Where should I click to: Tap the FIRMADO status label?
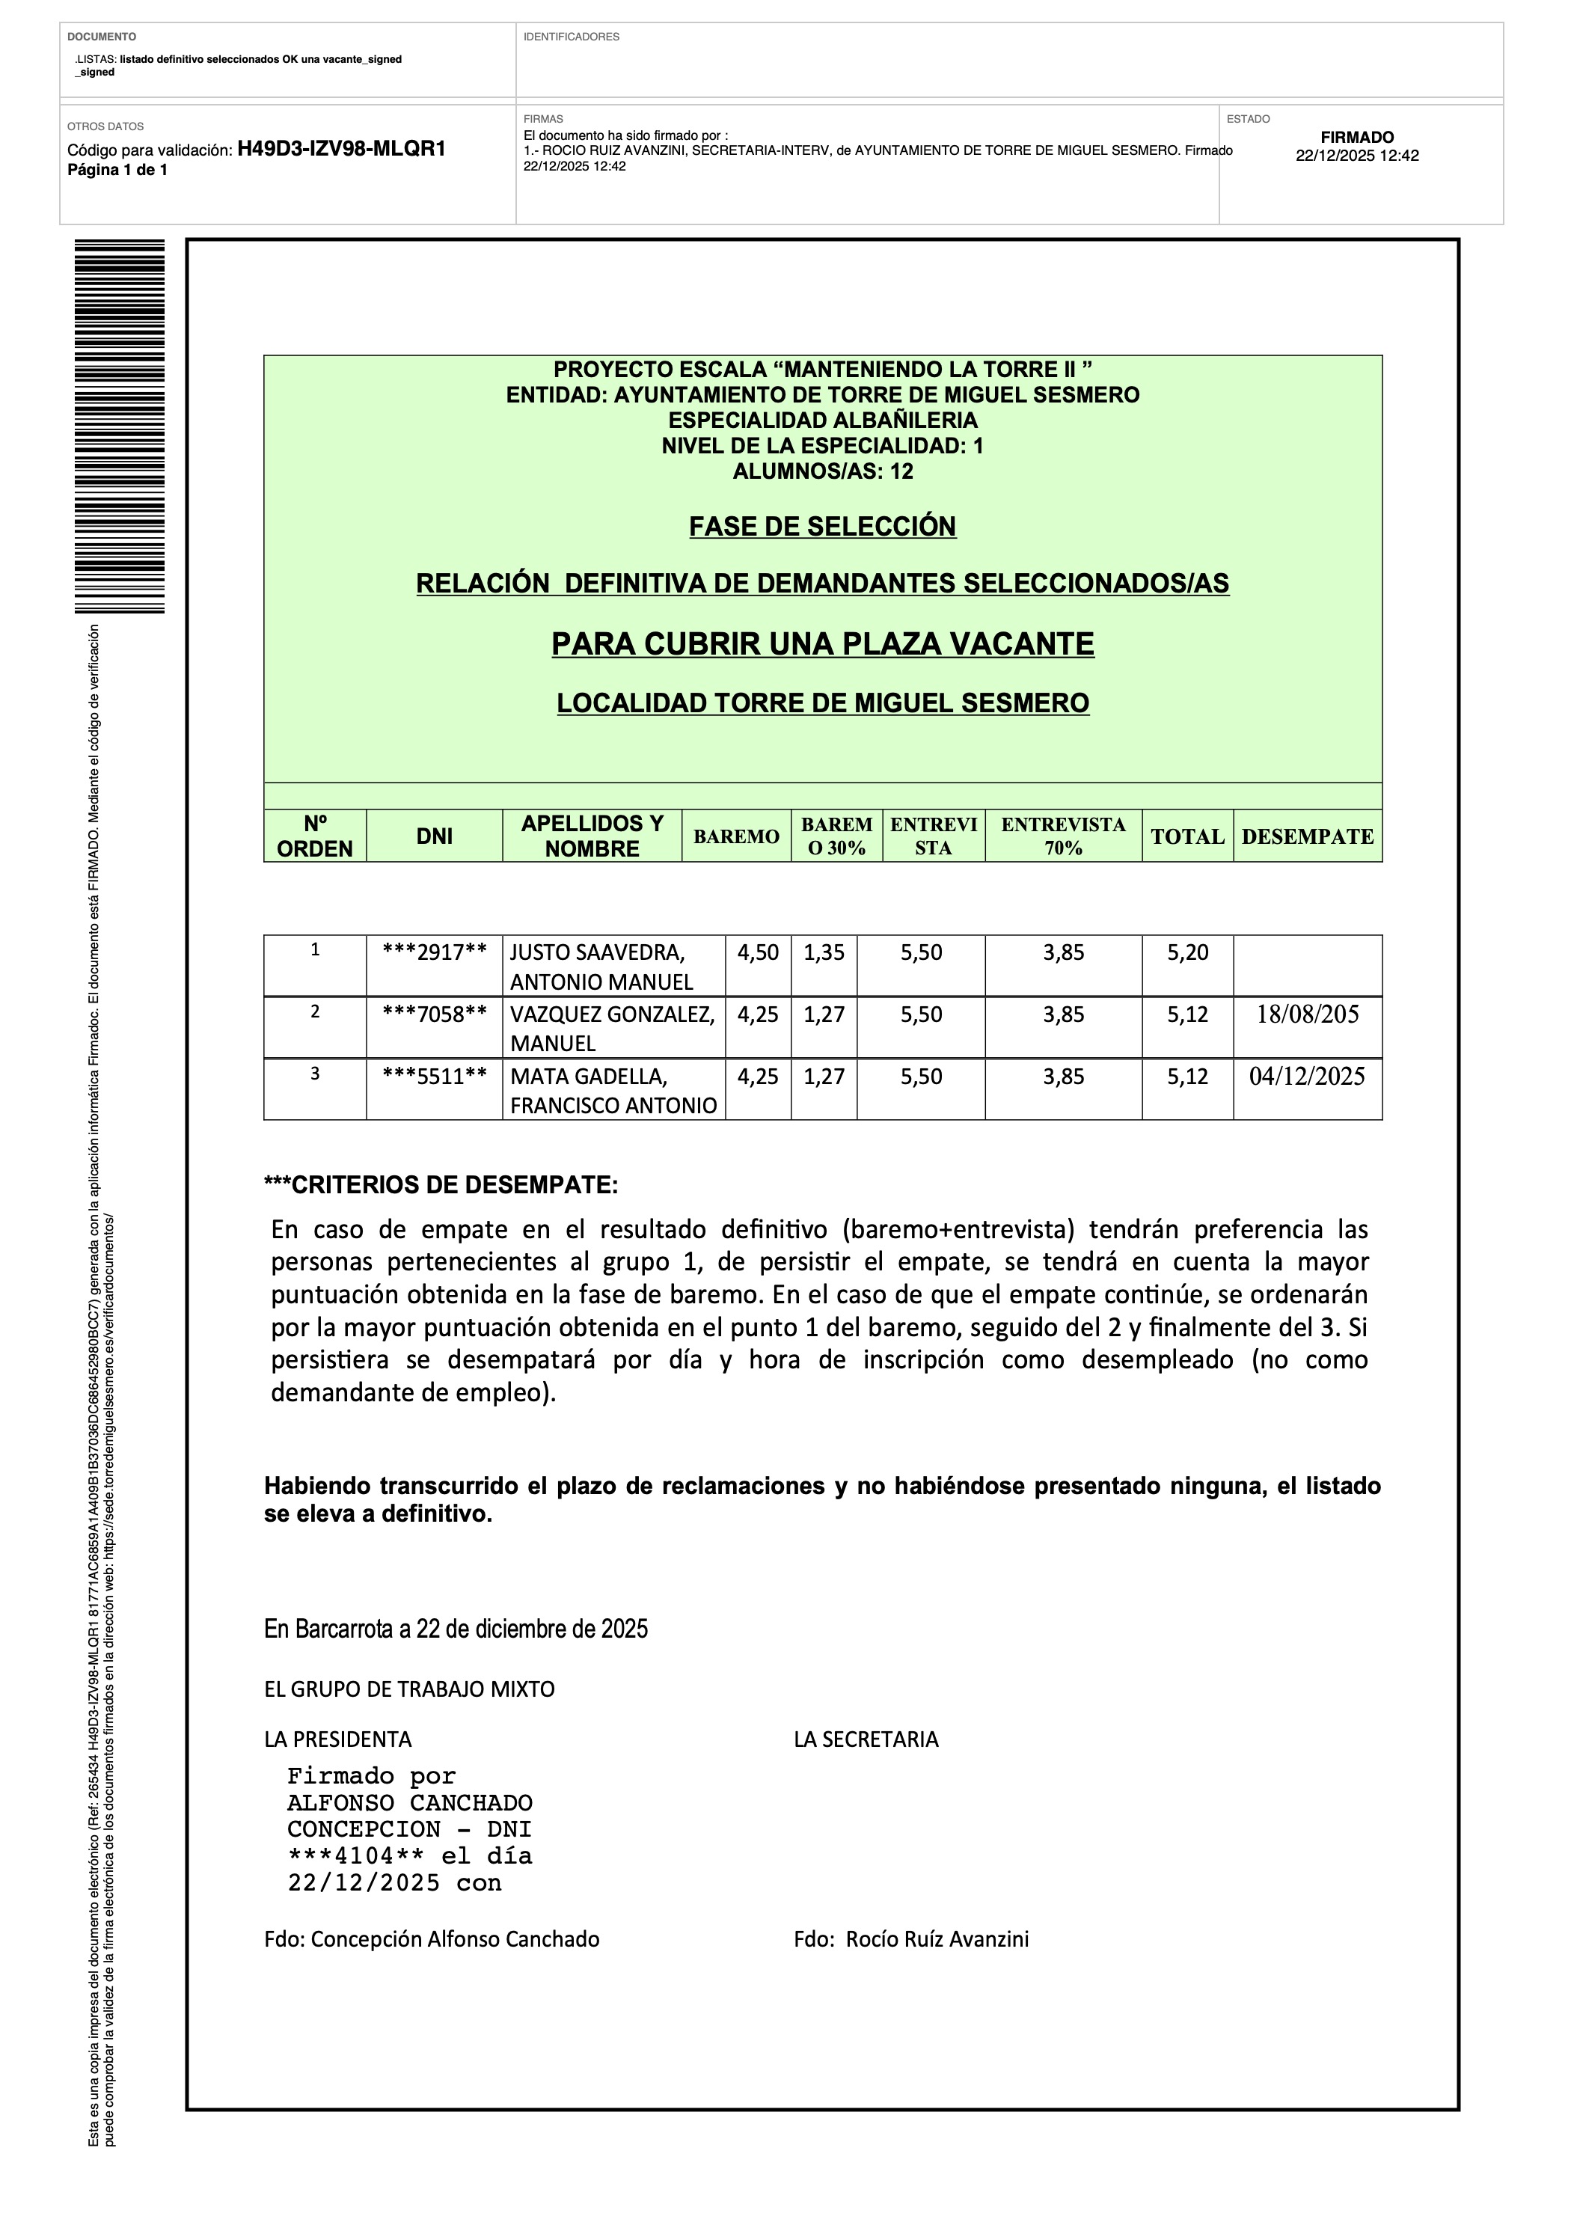tap(1357, 138)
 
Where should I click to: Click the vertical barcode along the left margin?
tap(119, 426)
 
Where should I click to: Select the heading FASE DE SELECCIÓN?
tap(822, 527)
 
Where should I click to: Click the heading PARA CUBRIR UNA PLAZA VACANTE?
tap(822, 643)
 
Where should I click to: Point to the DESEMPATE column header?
tap(1307, 836)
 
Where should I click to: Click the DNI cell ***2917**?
tap(434, 952)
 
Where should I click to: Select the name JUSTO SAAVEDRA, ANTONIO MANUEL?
tap(602, 967)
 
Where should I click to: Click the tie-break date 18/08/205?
tap(1307, 1014)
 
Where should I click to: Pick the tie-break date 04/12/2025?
tap(1307, 1076)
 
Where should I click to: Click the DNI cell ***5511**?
tap(434, 1076)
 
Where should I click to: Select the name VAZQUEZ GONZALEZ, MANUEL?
tap(612, 1028)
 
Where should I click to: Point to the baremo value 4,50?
tap(758, 952)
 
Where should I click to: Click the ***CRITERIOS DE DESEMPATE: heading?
tap(441, 1184)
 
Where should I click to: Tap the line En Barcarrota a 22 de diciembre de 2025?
tap(456, 1629)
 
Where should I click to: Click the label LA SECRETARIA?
tap(866, 1739)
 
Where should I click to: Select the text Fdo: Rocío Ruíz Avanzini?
tap(911, 1938)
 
